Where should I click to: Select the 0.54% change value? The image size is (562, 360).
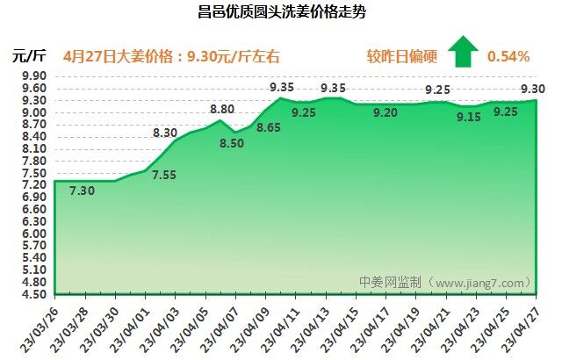point(508,56)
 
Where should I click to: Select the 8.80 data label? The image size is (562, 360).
point(221,109)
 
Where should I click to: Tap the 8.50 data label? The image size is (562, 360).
point(233,144)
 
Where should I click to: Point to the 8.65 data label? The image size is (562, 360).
point(269,128)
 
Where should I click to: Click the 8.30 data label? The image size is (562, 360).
point(165,133)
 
